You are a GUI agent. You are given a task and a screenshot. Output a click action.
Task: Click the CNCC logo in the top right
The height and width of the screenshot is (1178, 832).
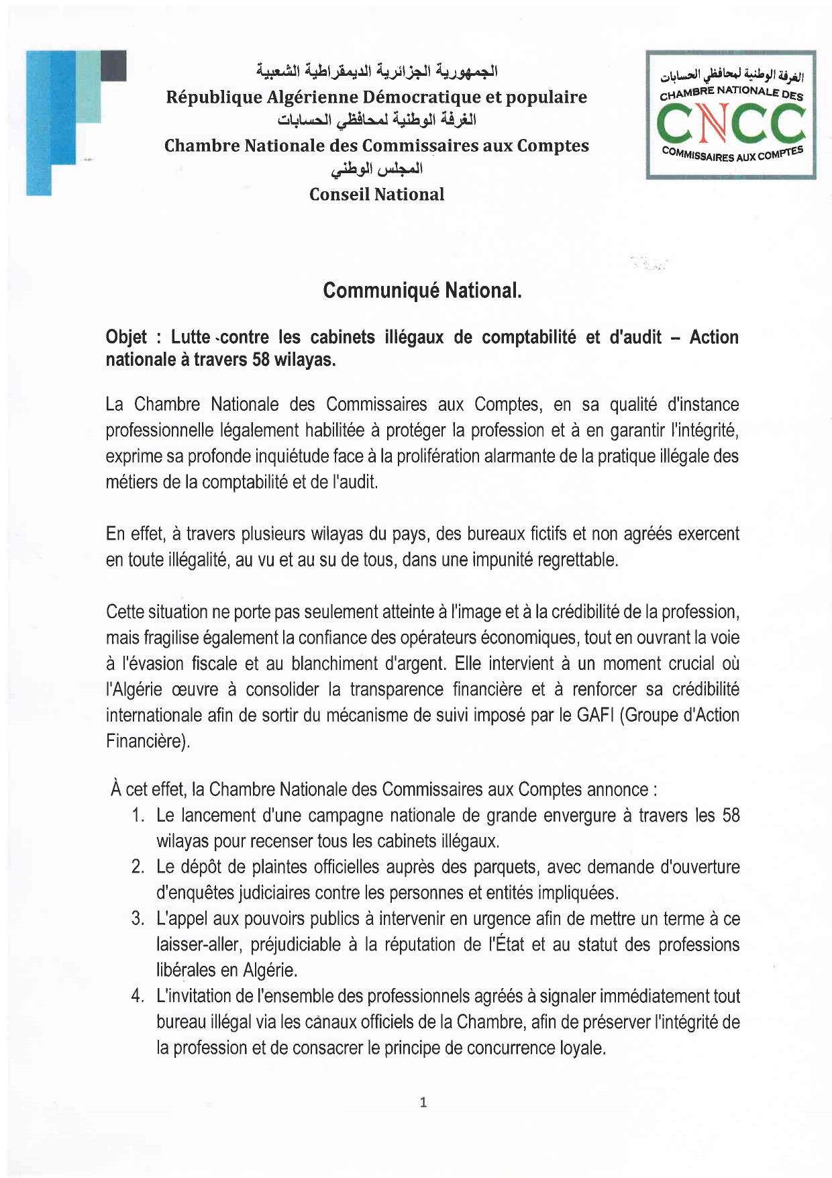731,115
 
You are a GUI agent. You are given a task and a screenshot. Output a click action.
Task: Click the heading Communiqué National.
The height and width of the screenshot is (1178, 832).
422,290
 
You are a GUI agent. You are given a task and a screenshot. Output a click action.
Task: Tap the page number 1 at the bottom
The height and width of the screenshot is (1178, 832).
423,1101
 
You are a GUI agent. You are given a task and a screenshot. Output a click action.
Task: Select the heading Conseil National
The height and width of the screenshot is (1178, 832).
376,195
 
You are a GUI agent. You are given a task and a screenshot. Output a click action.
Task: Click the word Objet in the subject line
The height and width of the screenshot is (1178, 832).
126,337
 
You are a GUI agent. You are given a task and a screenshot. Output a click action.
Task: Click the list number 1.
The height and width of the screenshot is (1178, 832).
138,816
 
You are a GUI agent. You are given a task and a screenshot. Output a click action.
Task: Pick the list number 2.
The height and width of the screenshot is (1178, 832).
138,867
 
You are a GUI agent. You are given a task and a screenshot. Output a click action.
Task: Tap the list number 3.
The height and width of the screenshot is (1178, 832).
138,918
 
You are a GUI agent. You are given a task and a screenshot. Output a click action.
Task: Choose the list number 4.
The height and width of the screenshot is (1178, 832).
138,996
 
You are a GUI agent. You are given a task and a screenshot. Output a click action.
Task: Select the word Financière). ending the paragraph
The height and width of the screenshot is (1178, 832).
148,741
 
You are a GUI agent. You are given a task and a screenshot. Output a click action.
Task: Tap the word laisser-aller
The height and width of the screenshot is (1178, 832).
199,944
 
